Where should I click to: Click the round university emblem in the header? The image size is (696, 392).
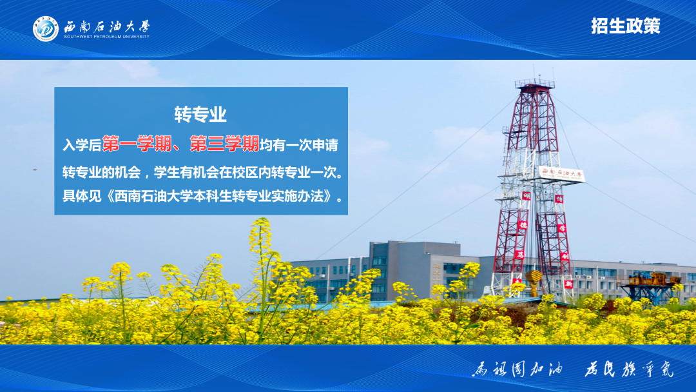click(46, 29)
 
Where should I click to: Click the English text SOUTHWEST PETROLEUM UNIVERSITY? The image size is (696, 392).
click(106, 37)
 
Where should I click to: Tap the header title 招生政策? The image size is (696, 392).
click(625, 26)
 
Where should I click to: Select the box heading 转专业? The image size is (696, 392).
click(200, 115)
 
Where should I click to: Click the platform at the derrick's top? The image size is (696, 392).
click(534, 84)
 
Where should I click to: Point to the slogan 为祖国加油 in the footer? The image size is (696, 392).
click(517, 369)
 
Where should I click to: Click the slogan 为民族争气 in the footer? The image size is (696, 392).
click(628, 369)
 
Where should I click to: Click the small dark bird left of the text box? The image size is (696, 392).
click(34, 169)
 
